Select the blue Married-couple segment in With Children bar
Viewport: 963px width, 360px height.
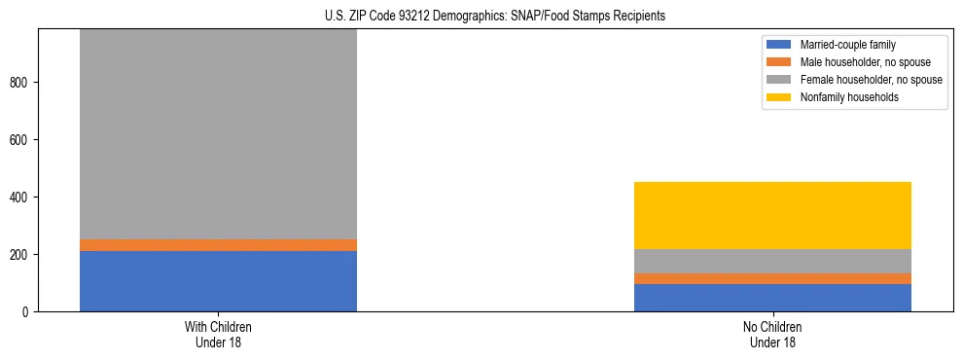(x=218, y=281)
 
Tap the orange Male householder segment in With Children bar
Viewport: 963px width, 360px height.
(x=218, y=245)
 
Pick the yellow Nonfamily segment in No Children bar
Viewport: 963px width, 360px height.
(x=772, y=215)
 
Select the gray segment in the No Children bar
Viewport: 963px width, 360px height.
(x=772, y=261)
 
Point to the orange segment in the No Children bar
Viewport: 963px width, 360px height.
(x=772, y=278)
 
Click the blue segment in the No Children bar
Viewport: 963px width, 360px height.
(x=772, y=298)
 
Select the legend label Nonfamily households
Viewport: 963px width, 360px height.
(x=842, y=97)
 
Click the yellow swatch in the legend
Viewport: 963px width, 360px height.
(x=780, y=97)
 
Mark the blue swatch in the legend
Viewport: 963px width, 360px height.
(x=780, y=45)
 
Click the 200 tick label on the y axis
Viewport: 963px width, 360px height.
(x=21, y=255)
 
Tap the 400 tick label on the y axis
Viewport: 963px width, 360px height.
(x=21, y=198)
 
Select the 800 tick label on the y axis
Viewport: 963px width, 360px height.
(x=21, y=83)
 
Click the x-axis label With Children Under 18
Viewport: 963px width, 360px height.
(x=218, y=334)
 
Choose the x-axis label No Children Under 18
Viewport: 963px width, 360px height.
(x=772, y=334)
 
